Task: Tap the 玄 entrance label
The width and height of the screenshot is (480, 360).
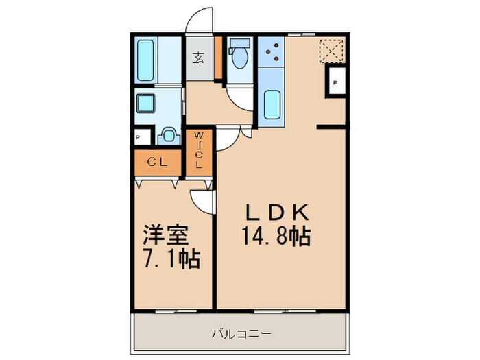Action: tap(198, 58)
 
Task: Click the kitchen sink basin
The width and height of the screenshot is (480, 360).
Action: tap(272, 104)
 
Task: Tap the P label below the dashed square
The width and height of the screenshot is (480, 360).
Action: tap(335, 82)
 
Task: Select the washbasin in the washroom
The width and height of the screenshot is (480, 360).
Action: tap(167, 136)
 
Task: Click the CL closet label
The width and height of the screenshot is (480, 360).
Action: tap(158, 163)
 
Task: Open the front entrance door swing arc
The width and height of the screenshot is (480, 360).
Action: tap(201, 19)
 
